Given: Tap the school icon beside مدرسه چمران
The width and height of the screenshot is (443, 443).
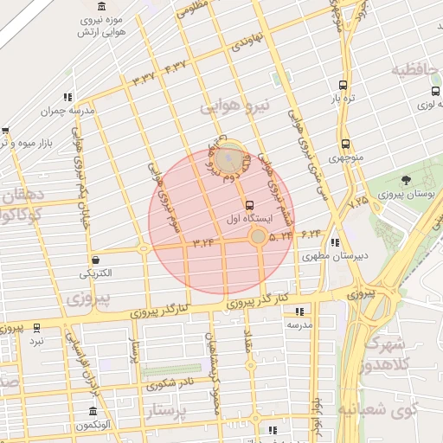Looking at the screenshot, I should [x=67, y=97].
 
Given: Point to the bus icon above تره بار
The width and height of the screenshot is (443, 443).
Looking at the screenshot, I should [x=343, y=85].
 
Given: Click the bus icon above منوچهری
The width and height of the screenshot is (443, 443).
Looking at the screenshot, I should [x=345, y=144].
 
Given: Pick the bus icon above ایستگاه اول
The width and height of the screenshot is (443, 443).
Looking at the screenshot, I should [x=250, y=205].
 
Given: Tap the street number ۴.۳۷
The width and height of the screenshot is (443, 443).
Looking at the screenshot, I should [x=175, y=67].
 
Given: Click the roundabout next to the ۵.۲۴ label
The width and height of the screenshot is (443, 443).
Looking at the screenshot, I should [x=258, y=235].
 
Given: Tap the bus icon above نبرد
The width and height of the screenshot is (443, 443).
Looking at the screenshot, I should [x=36, y=328].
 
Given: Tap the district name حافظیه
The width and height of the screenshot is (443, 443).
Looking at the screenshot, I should [x=416, y=69].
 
